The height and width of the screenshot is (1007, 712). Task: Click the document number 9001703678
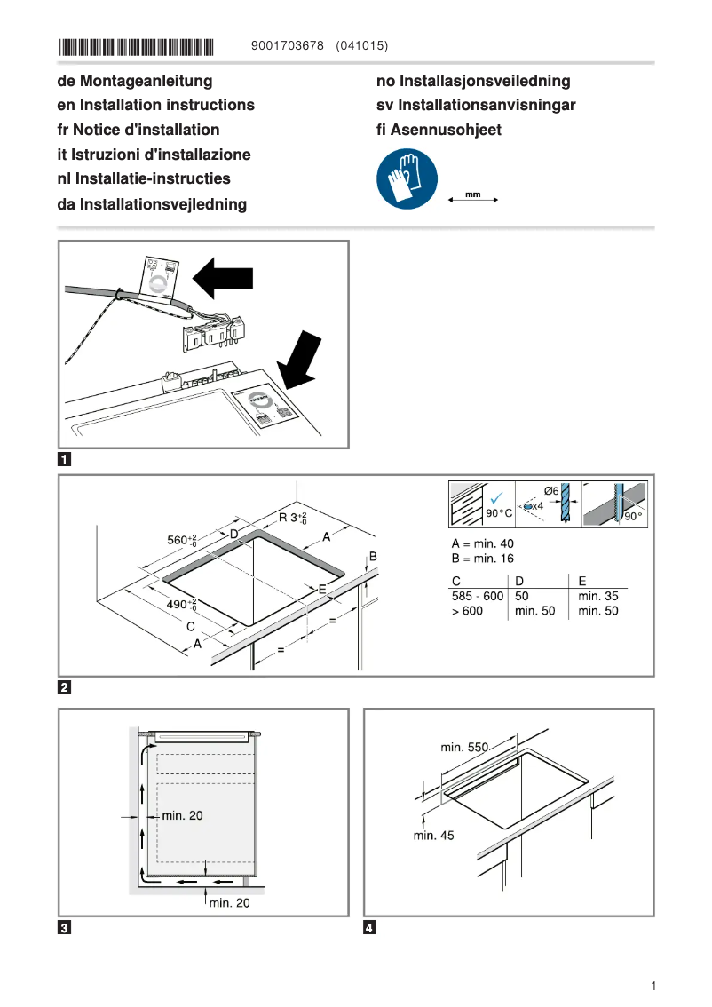pyautogui.click(x=288, y=45)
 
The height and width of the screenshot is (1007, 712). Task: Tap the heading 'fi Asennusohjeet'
pyautogui.click(x=439, y=130)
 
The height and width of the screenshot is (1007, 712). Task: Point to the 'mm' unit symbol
pyautogui.click(x=473, y=194)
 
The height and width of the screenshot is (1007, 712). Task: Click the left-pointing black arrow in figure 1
pyautogui.click(x=224, y=278)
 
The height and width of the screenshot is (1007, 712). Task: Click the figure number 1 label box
pyautogui.click(x=65, y=460)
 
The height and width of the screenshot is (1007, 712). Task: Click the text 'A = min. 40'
pyautogui.click(x=482, y=543)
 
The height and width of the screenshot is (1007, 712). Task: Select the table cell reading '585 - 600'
pyautogui.click(x=478, y=596)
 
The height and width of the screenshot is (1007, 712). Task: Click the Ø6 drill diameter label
pyautogui.click(x=550, y=491)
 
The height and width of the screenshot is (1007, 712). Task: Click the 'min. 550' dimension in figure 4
pyautogui.click(x=465, y=748)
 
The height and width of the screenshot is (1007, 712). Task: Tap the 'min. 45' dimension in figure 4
pyautogui.click(x=433, y=835)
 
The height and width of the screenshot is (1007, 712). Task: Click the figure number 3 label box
pyautogui.click(x=65, y=929)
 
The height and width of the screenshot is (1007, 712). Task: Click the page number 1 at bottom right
pyautogui.click(x=653, y=986)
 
